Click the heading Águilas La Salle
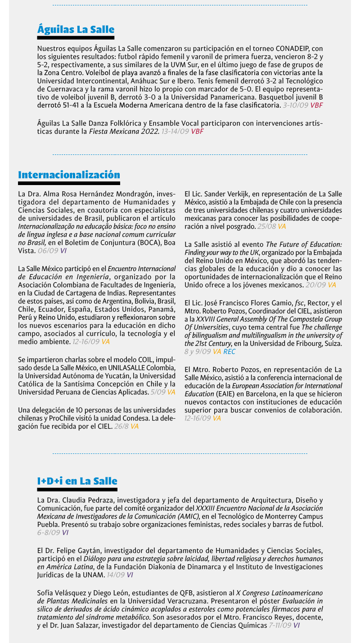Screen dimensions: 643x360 click(76, 30)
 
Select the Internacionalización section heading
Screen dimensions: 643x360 click(69, 175)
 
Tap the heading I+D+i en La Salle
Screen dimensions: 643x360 click(77, 481)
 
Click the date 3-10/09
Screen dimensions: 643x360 click(295, 105)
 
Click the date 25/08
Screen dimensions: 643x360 click(266, 226)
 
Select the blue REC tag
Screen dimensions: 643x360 click(229, 352)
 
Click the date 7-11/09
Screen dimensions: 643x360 click(279, 625)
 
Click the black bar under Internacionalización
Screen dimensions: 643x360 click(69, 183)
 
